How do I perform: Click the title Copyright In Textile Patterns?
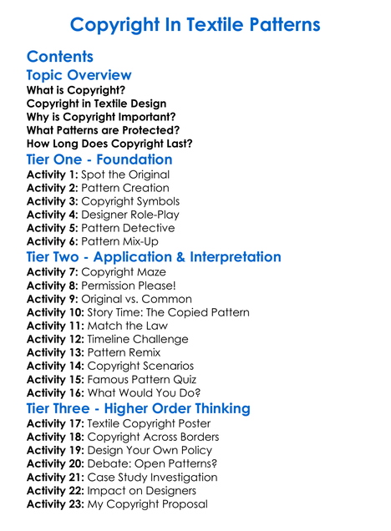pyautogui.click(x=195, y=24)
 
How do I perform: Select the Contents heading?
pyautogui.click(x=59, y=57)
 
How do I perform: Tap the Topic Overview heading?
pyautogui.click(x=79, y=75)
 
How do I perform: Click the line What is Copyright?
pyautogui.click(x=76, y=89)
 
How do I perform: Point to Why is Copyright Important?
pyautogui.click(x=101, y=116)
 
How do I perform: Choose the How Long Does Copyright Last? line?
pyautogui.click(x=109, y=144)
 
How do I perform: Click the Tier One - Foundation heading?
pyautogui.click(x=99, y=159)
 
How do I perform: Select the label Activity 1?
pyautogui.click(x=52, y=174)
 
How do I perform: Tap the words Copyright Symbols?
pyautogui.click(x=130, y=201)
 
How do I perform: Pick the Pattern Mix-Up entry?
pyautogui.click(x=120, y=241)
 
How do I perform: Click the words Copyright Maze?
pyautogui.click(x=124, y=272)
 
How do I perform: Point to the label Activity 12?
pyautogui.click(x=55, y=339)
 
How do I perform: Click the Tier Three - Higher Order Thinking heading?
pyautogui.click(x=138, y=408)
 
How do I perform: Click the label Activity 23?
pyautogui.click(x=55, y=503)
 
